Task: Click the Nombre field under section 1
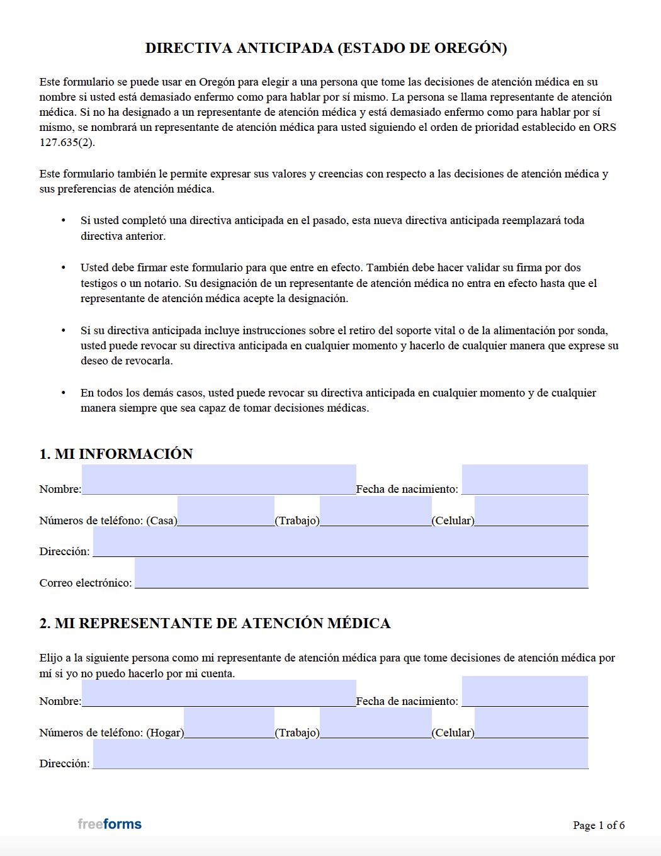pyautogui.click(x=218, y=480)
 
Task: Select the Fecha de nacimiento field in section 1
pyautogui.click(x=524, y=480)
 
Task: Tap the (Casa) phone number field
pyautogui.click(x=225, y=512)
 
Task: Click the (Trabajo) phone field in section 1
pyautogui.click(x=375, y=512)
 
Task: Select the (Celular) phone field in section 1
pyautogui.click(x=531, y=512)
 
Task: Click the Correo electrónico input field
pyautogui.click(x=361, y=573)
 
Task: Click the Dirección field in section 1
pyautogui.click(x=340, y=543)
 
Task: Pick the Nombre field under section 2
pyautogui.click(x=218, y=692)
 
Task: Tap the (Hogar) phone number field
pyautogui.click(x=229, y=724)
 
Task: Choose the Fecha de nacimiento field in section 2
pyautogui.click(x=524, y=692)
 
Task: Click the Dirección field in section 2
pyautogui.click(x=340, y=755)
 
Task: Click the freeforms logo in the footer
pyautogui.click(x=110, y=824)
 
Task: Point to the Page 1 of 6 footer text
pyautogui.click(x=598, y=825)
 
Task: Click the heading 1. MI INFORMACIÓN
pyautogui.click(x=116, y=454)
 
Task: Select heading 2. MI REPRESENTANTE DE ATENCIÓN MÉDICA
pyautogui.click(x=215, y=623)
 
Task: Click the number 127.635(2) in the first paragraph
pyautogui.click(x=67, y=142)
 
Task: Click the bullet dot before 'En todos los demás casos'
pyautogui.click(x=63, y=393)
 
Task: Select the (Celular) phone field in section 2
pyautogui.click(x=531, y=724)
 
